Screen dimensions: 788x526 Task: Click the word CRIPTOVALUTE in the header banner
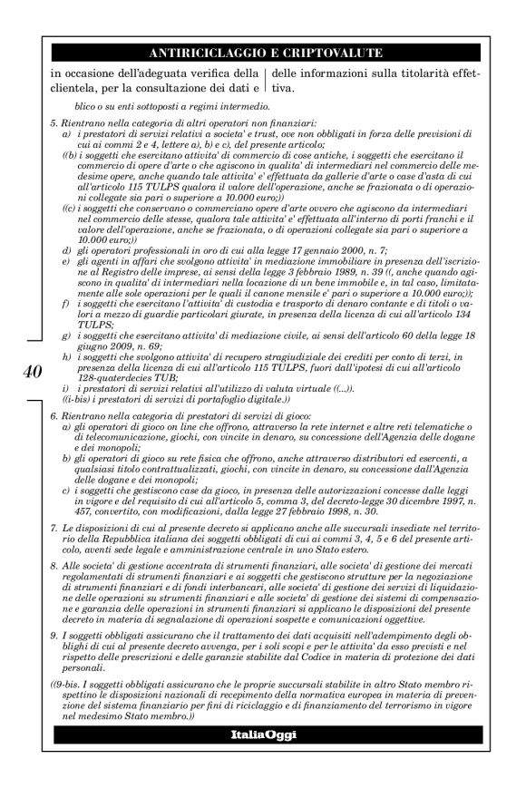click(x=330, y=54)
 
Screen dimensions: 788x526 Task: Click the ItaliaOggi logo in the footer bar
click(x=264, y=733)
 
